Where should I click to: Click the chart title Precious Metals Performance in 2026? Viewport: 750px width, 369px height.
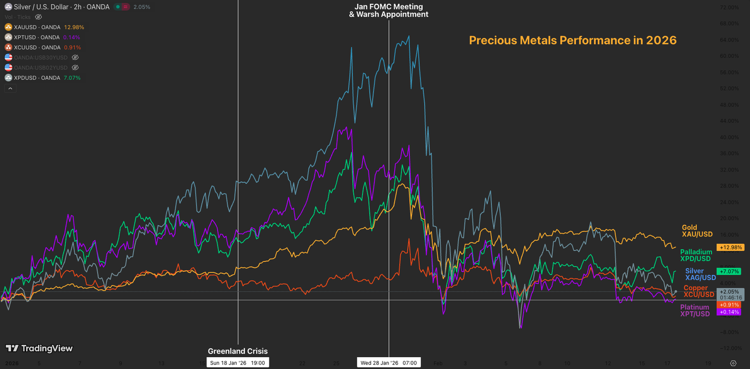tap(573, 40)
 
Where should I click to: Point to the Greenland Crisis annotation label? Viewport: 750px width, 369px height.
tap(237, 351)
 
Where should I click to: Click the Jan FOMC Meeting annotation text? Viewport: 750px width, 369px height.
tap(388, 7)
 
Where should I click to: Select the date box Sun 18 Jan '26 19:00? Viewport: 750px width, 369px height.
tap(237, 363)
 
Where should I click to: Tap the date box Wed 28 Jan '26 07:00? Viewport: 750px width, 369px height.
tap(388, 363)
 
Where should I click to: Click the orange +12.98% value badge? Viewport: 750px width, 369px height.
tap(731, 248)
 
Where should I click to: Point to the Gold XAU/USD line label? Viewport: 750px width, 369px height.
tap(696, 231)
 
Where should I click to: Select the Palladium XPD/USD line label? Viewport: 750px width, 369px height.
tap(696, 256)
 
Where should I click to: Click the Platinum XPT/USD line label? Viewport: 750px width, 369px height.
tap(694, 311)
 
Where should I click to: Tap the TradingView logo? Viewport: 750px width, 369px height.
tap(39, 349)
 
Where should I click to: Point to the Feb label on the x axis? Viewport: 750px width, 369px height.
tap(438, 363)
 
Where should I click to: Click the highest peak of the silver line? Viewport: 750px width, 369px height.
tap(409, 36)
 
